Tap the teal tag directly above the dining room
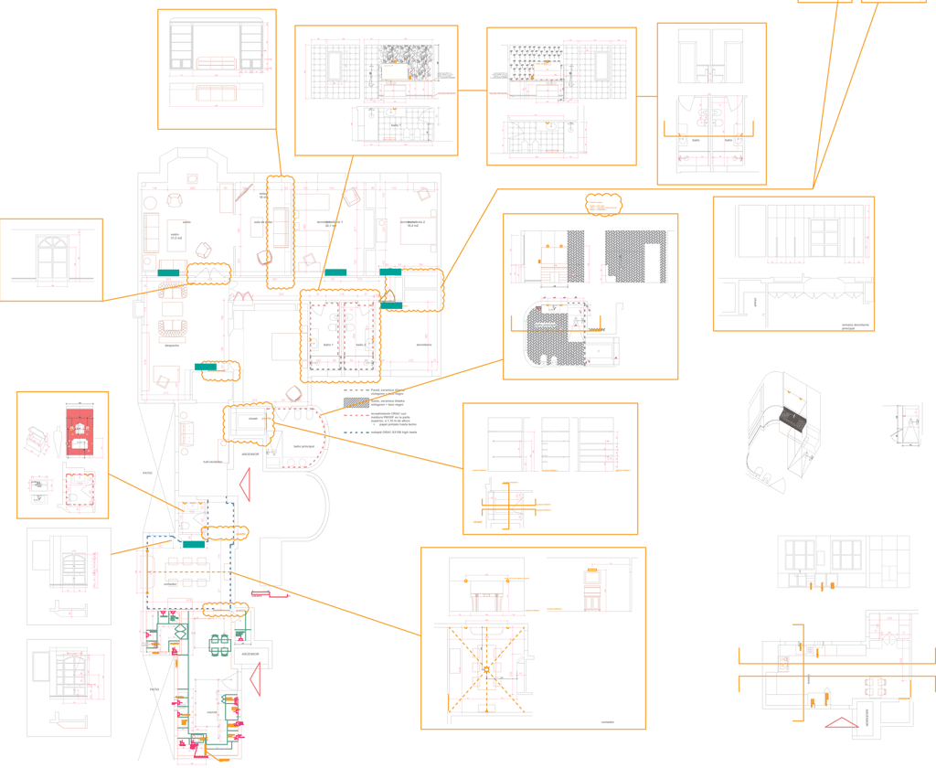[192, 544]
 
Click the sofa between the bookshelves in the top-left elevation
[216, 62]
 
